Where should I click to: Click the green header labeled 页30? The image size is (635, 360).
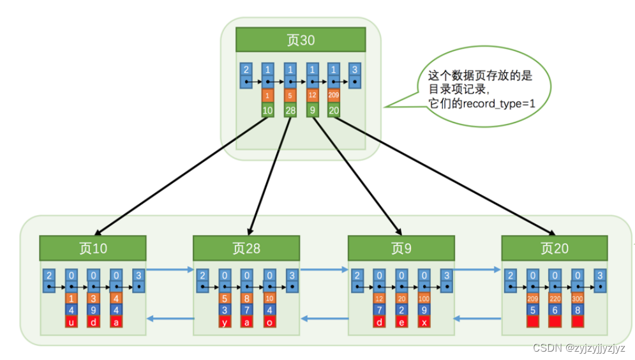click(x=300, y=40)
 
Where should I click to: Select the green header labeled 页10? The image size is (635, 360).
click(x=93, y=248)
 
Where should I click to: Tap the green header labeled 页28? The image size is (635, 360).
click(x=246, y=248)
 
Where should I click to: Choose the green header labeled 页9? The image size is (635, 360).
click(x=401, y=248)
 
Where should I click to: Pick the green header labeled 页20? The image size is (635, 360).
click(x=554, y=248)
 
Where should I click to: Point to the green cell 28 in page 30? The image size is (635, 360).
click(x=290, y=110)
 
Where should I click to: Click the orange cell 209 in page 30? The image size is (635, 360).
click(x=334, y=96)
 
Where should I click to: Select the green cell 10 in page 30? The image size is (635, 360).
click(x=268, y=110)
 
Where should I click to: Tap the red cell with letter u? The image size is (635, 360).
click(x=71, y=322)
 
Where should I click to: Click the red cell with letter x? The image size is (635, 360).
click(x=424, y=322)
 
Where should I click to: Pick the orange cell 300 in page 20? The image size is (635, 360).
click(x=578, y=298)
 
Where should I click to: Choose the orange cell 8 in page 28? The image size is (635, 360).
click(x=247, y=298)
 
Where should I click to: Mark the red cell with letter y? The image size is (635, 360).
click(x=225, y=322)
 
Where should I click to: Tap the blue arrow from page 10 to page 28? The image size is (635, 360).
click(x=170, y=269)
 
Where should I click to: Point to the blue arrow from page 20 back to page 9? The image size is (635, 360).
click(x=478, y=317)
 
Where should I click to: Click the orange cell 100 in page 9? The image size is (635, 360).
click(x=424, y=298)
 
